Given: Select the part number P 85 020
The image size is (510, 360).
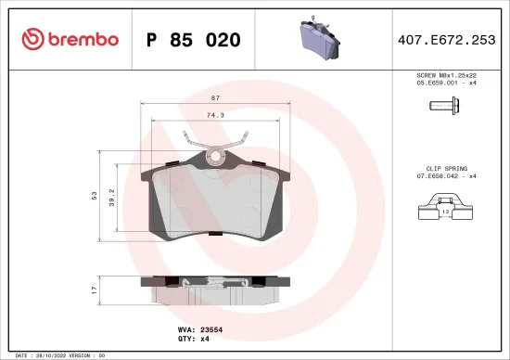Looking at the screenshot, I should coord(193,40).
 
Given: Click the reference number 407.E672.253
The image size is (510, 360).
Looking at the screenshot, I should coord(447,40).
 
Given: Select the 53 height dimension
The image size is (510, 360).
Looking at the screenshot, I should coord(95,196).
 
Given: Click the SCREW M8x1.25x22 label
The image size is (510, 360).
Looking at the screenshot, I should coord(447,76).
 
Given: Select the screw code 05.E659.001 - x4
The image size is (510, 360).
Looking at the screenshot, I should coord(447,84).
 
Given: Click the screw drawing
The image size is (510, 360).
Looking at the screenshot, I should coord(446,106).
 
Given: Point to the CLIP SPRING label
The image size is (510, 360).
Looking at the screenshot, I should coord(447,167).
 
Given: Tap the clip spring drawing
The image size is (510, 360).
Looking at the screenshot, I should coord(445,207).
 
